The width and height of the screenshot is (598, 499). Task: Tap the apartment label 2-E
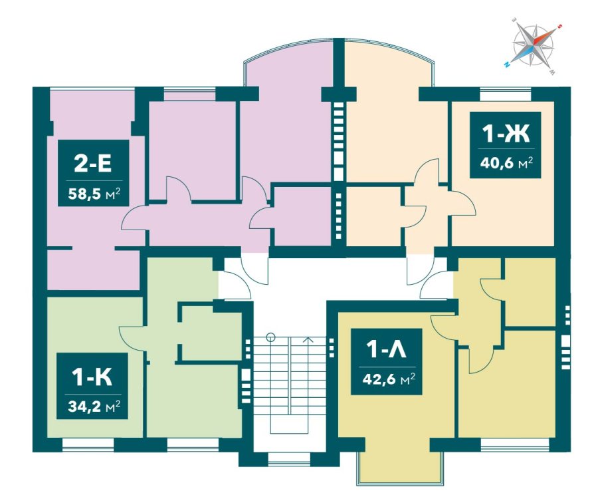click(x=92, y=164)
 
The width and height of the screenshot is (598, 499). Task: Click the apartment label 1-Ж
click(x=506, y=134)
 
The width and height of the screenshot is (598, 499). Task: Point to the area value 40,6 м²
click(x=506, y=163)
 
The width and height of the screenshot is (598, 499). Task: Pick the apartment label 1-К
click(x=92, y=377)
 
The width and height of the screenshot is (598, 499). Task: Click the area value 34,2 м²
click(x=94, y=407)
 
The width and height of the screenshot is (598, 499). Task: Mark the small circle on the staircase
click(x=271, y=337)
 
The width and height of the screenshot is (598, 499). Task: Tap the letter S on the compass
click(x=560, y=27)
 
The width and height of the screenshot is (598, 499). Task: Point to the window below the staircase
click(x=290, y=460)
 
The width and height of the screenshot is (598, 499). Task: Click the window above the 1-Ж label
click(x=506, y=94)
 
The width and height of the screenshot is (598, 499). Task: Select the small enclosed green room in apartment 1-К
click(x=210, y=332)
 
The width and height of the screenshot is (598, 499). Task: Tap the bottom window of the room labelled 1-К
click(x=88, y=444)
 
